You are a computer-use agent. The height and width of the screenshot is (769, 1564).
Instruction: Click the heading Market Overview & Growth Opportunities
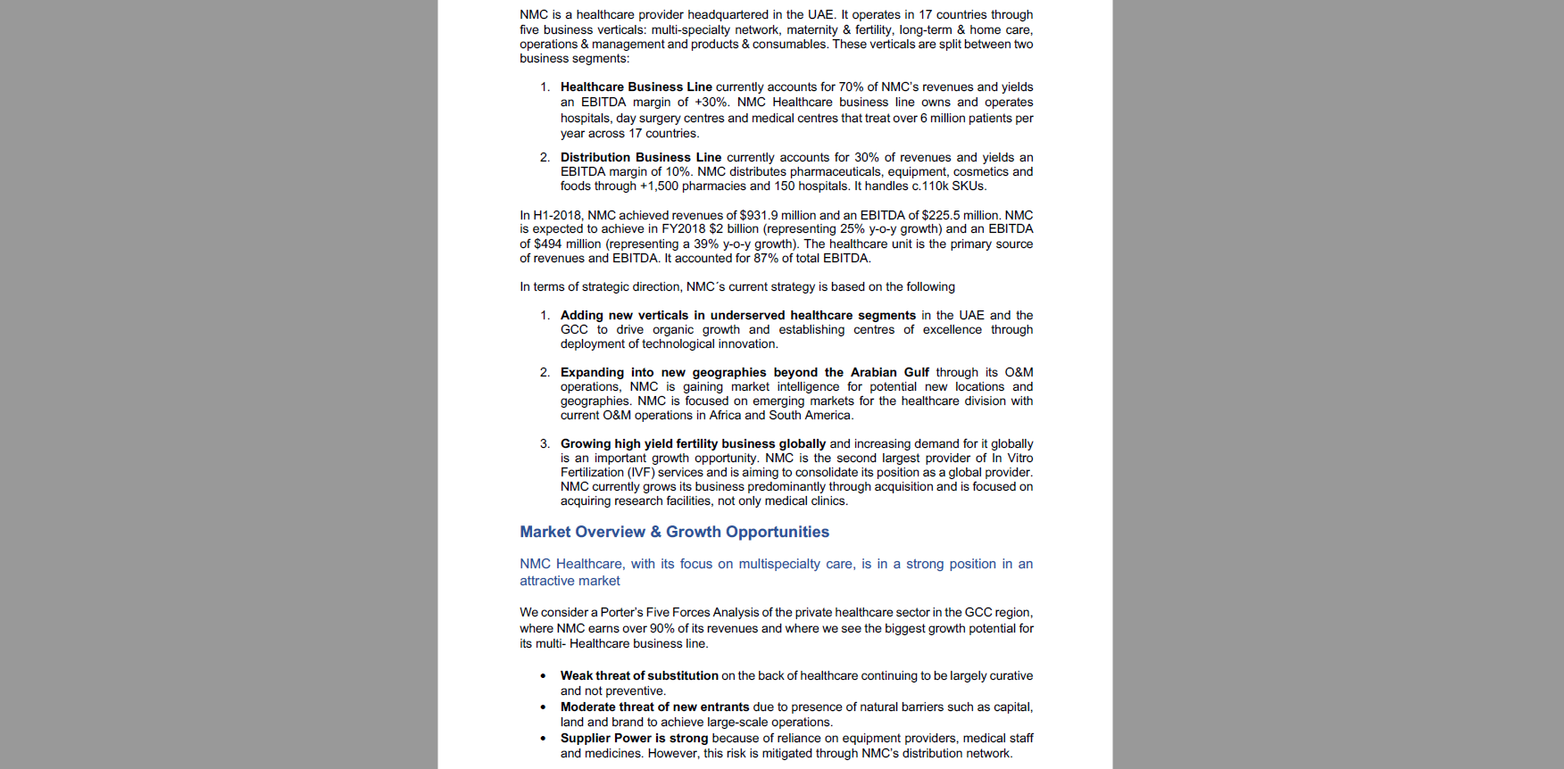point(674,532)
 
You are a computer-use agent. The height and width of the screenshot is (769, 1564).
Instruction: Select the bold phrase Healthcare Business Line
point(636,87)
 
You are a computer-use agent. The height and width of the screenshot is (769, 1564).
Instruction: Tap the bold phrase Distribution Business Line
point(640,157)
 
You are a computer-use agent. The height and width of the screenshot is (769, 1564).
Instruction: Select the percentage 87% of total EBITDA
point(765,258)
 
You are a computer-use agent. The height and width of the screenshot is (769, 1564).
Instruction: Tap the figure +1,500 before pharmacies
point(659,186)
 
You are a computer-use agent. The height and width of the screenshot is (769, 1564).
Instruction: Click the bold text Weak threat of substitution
point(639,675)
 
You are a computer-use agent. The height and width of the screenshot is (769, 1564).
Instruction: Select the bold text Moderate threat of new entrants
point(654,707)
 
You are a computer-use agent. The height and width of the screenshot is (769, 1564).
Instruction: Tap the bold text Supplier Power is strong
point(634,738)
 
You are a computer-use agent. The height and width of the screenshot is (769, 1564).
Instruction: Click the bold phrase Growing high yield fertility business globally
point(693,443)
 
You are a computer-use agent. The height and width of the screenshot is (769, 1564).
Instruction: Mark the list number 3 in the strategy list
point(544,443)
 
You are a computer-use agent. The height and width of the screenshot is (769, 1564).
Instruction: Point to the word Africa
point(725,415)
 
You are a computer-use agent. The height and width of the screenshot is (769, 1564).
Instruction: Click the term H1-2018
point(558,215)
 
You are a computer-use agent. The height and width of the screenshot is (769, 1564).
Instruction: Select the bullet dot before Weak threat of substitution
point(543,676)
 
